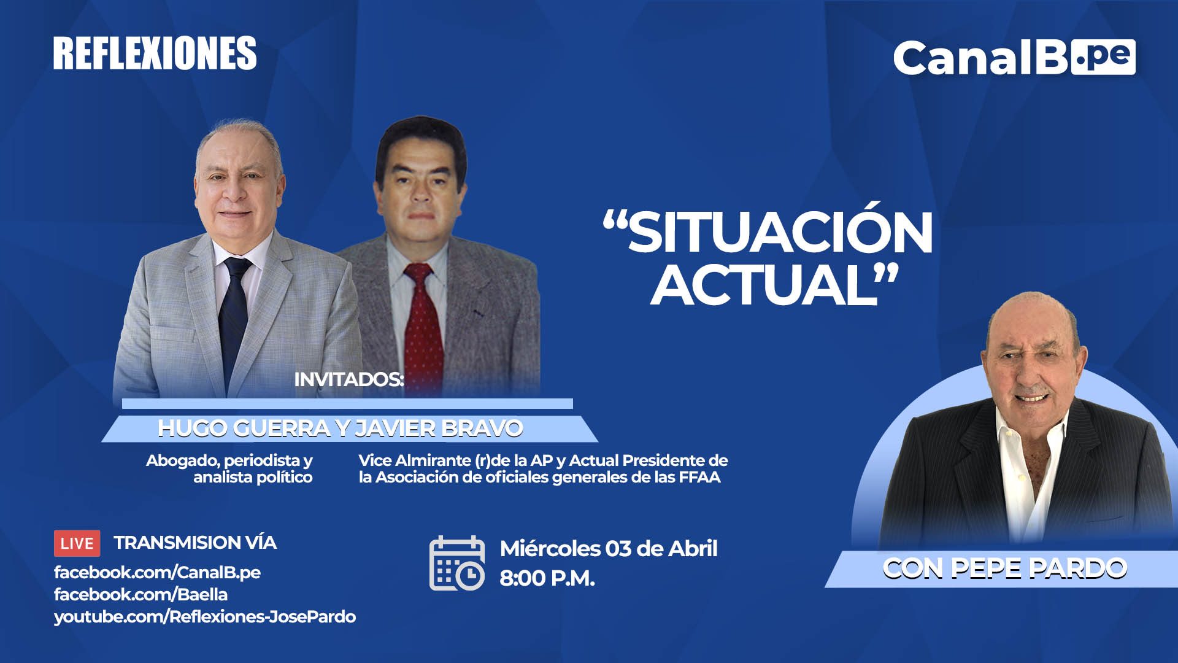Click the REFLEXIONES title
[155, 53]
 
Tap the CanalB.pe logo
[1014, 58]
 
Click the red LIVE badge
[77, 543]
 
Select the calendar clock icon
[457, 563]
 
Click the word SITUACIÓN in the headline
[779, 232]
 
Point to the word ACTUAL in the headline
[764, 284]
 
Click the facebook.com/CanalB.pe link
[157, 573]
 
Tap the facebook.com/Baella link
[141, 594]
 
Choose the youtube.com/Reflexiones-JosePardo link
[205, 617]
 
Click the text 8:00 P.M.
[547, 578]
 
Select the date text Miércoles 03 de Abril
[609, 548]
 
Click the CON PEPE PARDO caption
[1005, 568]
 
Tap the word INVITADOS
[348, 379]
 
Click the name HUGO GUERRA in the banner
[244, 428]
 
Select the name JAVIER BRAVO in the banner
[439, 428]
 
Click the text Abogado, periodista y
[229, 460]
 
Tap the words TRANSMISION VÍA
[195, 543]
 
